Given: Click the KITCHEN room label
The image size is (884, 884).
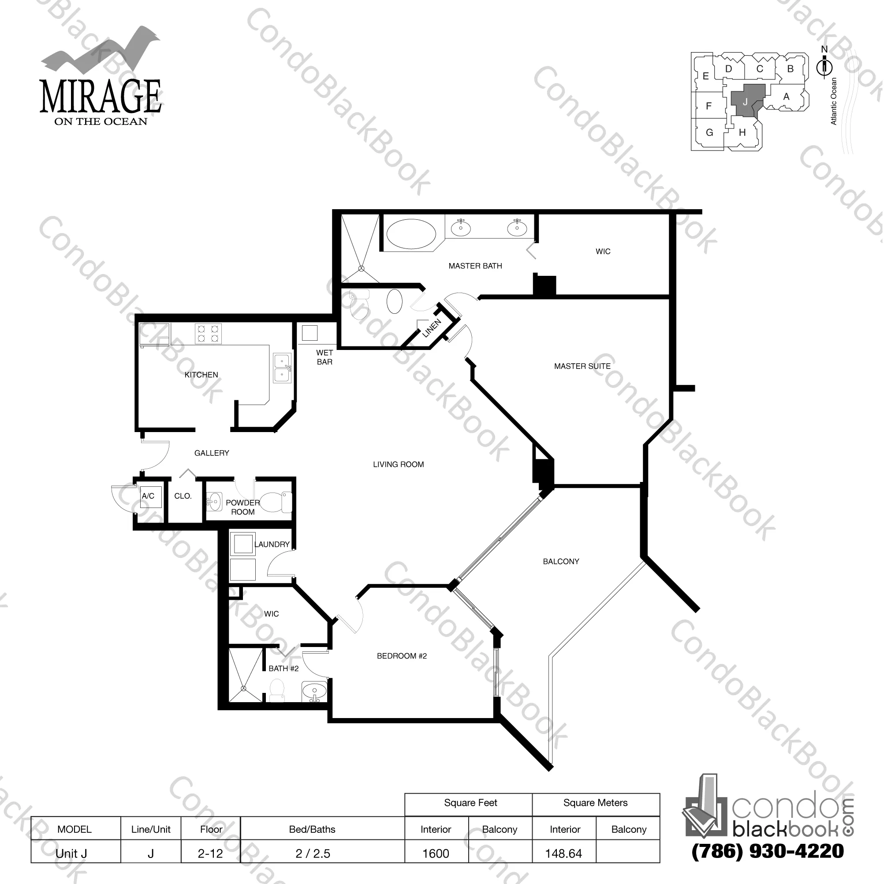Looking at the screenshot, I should (201, 375).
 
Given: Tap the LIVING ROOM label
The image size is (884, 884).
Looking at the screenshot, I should (398, 464).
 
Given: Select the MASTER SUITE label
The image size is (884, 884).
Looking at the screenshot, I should (582, 366).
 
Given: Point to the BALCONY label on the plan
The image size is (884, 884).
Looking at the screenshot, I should (561, 561).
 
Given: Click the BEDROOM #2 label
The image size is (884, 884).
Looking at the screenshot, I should (402, 656).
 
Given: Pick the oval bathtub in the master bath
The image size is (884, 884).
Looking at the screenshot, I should (411, 233).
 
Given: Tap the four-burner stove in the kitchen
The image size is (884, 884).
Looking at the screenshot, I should (208, 334).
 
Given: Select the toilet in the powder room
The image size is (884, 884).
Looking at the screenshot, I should (276, 502).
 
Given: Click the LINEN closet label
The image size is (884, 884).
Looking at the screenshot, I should (432, 328).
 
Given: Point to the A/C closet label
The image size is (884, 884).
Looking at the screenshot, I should (148, 496).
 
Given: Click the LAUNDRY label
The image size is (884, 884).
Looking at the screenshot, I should (272, 544).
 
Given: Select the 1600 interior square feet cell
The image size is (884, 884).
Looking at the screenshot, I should (436, 853).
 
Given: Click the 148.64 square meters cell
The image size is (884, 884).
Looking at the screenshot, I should (564, 853).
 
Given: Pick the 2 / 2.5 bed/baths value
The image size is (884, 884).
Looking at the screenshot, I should (313, 853).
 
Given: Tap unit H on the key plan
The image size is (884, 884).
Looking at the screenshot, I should (742, 132).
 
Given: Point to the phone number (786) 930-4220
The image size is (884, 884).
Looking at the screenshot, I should (768, 850).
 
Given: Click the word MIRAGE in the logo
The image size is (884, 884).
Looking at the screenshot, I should (101, 97).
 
